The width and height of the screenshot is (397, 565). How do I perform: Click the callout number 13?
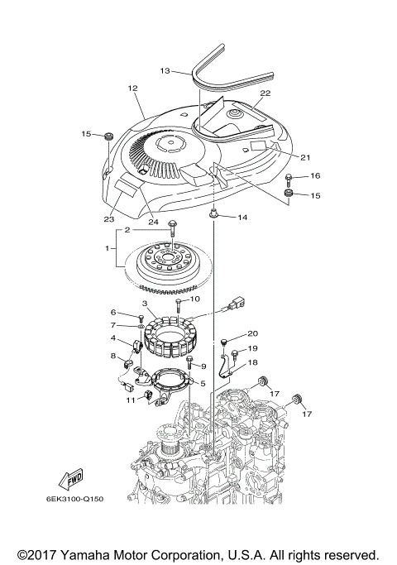pyautogui.click(x=165, y=71)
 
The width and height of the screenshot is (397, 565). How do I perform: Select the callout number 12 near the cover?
pyautogui.click(x=132, y=88)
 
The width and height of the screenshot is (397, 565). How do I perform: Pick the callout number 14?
pyautogui.click(x=242, y=218)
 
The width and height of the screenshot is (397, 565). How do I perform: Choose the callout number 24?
pyautogui.click(x=152, y=221)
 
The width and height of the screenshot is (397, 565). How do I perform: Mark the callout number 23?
pyautogui.click(x=108, y=219)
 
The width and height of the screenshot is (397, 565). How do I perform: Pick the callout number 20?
pyautogui.click(x=252, y=333)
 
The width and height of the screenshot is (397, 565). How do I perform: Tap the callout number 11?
pyautogui.click(x=131, y=400)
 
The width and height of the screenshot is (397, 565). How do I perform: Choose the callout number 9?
pyautogui.click(x=202, y=366)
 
